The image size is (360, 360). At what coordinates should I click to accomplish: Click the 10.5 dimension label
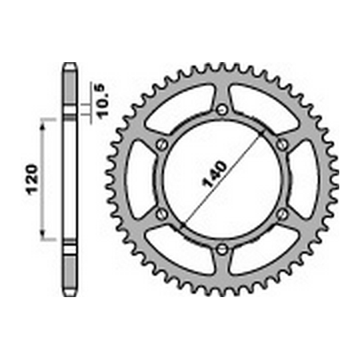[x=102, y=100]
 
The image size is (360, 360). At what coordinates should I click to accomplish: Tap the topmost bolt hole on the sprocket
[x=222, y=109]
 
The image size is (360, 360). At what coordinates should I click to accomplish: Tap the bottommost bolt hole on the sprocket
[x=222, y=249]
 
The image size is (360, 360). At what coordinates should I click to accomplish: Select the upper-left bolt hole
[x=161, y=145]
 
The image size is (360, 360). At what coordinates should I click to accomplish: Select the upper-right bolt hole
[x=283, y=145]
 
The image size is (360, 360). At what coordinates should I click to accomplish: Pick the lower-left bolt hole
[x=161, y=213]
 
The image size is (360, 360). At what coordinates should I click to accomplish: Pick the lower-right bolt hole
[x=283, y=213]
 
